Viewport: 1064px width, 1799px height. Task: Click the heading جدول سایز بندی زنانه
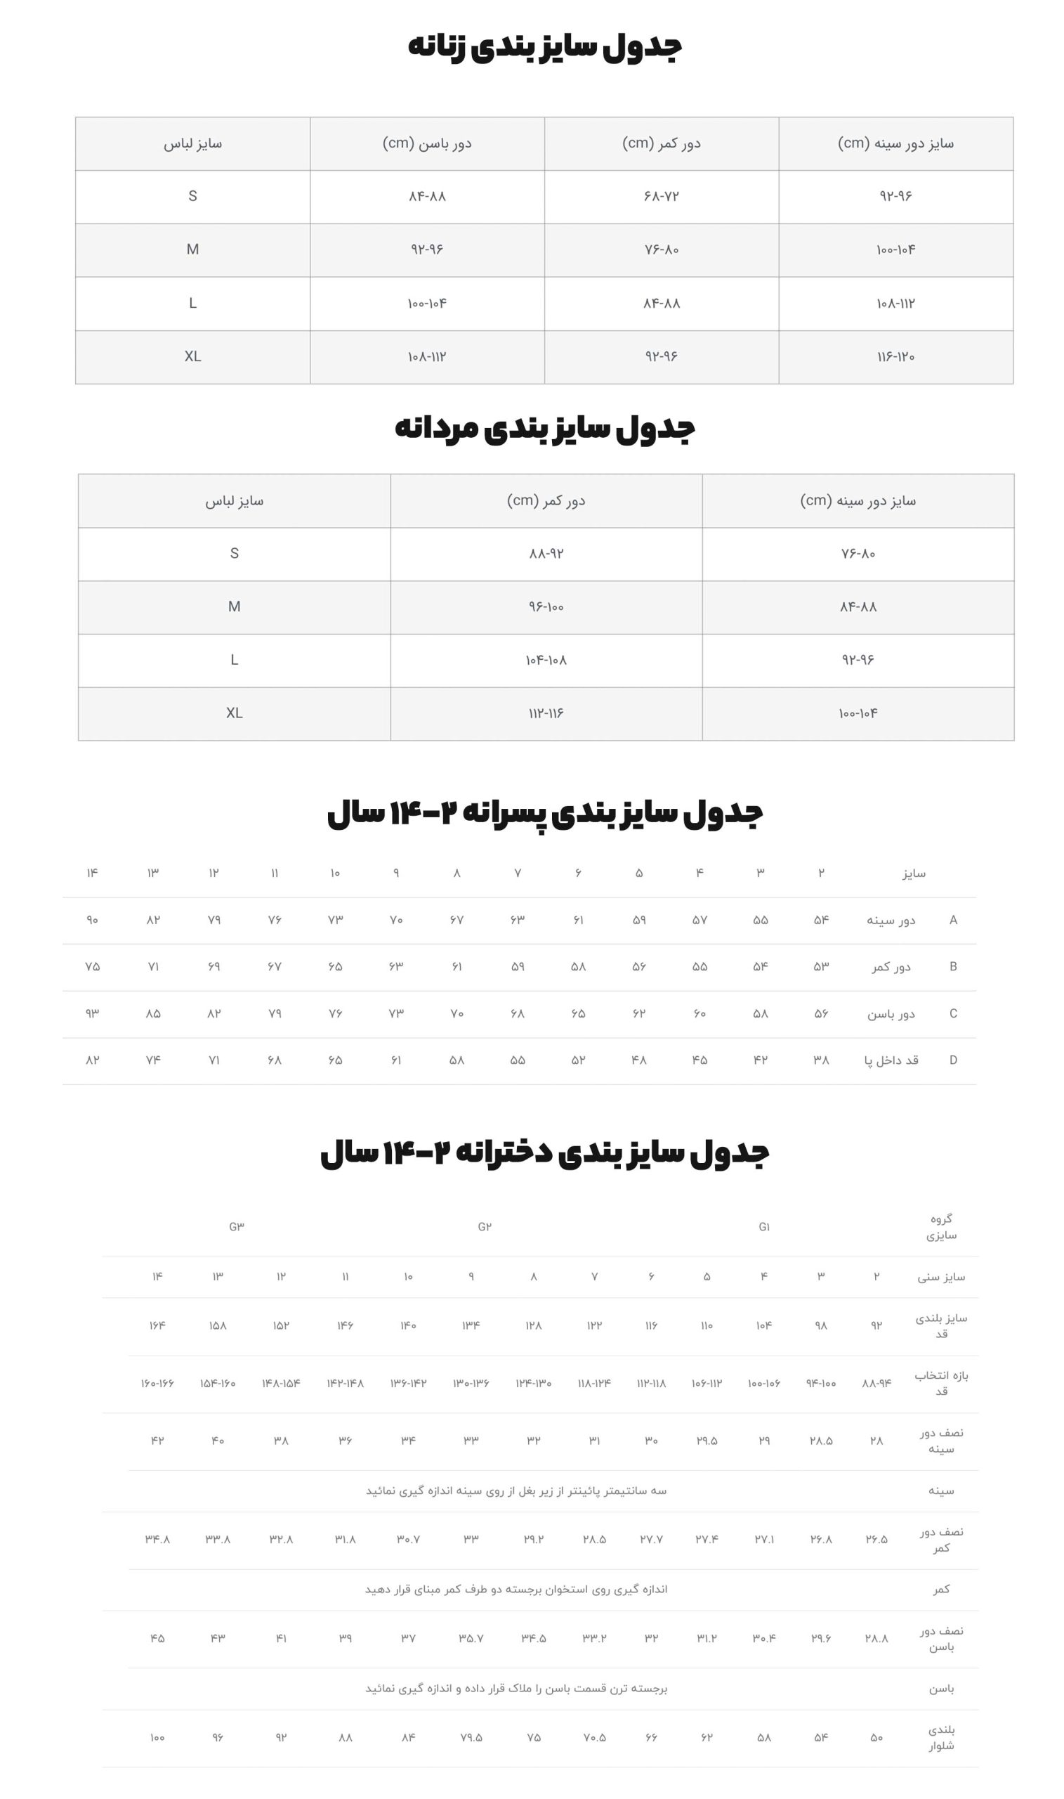coord(544,46)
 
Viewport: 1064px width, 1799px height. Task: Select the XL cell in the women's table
coord(192,356)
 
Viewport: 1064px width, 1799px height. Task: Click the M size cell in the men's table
coord(234,607)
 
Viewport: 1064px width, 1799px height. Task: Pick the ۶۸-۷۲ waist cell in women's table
coord(661,197)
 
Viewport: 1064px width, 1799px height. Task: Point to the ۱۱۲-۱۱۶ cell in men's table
coord(546,713)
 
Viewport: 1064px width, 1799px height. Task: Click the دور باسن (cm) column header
coord(426,143)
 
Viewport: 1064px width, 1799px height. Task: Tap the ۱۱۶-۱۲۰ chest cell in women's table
coord(895,356)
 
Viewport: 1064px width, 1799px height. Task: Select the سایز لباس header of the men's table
coord(234,500)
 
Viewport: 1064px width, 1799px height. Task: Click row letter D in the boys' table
coord(953,1060)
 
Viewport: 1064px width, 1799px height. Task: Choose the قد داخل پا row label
coord(891,1060)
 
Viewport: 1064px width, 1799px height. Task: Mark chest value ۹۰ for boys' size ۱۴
coord(93,920)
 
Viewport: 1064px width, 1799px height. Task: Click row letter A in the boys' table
coord(953,920)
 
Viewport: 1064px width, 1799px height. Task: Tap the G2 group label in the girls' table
coord(485,1226)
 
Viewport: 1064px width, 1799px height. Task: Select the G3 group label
coord(237,1226)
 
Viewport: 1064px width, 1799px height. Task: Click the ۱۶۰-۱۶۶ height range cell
coord(157,1383)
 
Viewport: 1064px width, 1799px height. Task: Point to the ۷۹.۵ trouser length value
coord(471,1737)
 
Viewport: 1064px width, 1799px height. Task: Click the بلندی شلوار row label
coord(940,1737)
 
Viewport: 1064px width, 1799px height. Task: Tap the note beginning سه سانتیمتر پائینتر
coord(516,1490)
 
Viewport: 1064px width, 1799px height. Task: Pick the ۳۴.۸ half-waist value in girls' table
coord(157,1539)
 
